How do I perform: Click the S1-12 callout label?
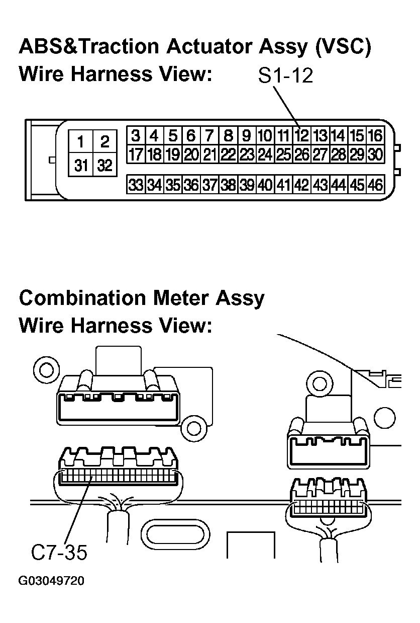[x=285, y=75]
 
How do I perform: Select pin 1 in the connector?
[x=81, y=141]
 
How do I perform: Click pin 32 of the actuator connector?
[x=104, y=165]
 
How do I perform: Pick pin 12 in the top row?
[x=302, y=135]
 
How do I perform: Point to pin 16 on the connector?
[x=376, y=135]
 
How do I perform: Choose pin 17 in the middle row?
[x=136, y=154]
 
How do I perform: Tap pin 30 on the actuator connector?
[x=376, y=154]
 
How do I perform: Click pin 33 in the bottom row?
[x=136, y=184]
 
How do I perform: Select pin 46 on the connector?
[x=376, y=184]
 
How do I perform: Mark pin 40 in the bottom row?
[x=265, y=184]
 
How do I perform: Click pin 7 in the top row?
[x=209, y=135]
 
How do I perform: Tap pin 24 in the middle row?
[x=265, y=154]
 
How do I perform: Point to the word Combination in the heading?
[x=82, y=298]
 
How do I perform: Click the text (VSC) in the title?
[x=343, y=46]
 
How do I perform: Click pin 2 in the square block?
[x=104, y=141]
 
